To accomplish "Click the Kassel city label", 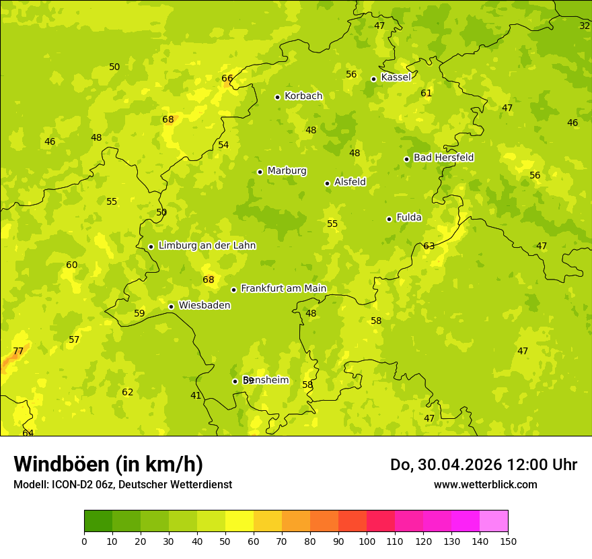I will [x=396, y=77].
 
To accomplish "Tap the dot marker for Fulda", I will [x=389, y=219].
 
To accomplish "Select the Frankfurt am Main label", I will [x=283, y=288].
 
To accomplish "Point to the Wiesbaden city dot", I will [x=171, y=306].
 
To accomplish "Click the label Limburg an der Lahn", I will [x=207, y=245].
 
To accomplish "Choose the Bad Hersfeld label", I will [x=443, y=158].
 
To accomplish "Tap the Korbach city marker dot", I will [x=277, y=97].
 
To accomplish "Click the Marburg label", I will [x=287, y=170].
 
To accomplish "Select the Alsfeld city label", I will [x=350, y=182].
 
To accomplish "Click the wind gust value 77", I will [x=18, y=351].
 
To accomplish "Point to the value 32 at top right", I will [x=585, y=26].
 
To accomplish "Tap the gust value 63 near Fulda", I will [x=429, y=246].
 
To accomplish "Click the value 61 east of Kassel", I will [x=426, y=93].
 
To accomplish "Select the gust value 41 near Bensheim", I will [x=196, y=395].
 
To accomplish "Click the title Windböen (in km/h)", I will [x=108, y=464].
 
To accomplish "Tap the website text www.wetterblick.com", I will [x=485, y=484].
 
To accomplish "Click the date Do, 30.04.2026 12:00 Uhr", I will [x=483, y=465].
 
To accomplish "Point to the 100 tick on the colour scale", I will [x=367, y=541].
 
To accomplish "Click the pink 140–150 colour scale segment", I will [x=494, y=521].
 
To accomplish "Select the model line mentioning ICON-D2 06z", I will [x=122, y=484].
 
